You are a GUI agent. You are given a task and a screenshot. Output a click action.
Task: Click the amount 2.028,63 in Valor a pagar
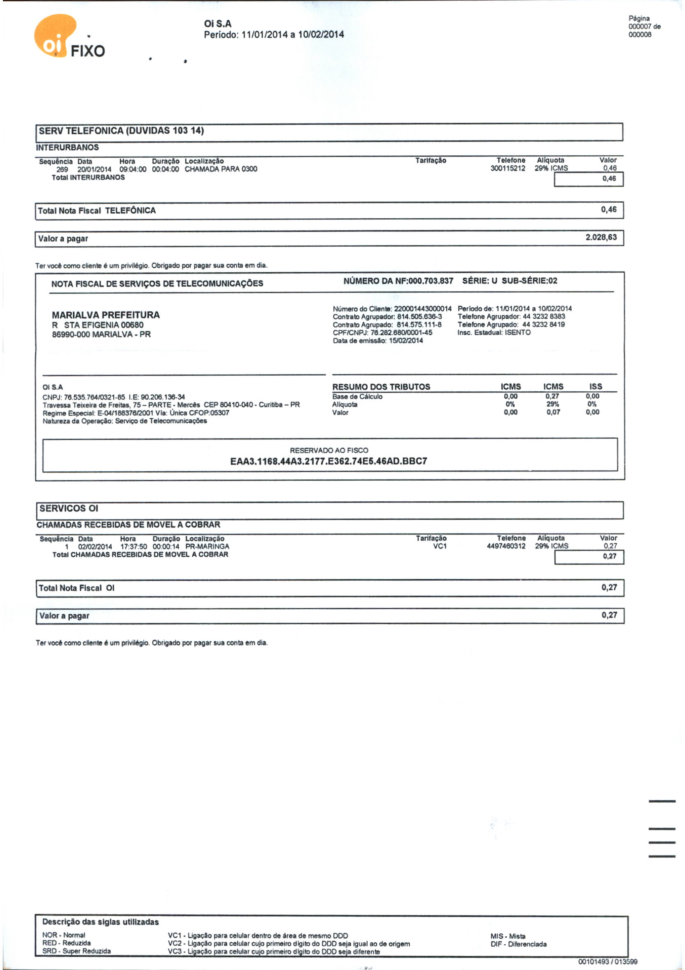[601, 237]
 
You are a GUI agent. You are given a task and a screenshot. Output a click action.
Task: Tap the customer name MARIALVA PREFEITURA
[105, 315]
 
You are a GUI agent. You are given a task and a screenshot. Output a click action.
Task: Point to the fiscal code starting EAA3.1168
[329, 461]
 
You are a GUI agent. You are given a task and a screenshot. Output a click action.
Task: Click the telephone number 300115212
[508, 168]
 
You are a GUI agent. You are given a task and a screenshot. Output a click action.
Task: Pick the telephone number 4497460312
[506, 546]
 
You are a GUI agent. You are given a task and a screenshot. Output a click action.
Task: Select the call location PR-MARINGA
[207, 546]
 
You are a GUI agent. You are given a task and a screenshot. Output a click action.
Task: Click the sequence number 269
[62, 169]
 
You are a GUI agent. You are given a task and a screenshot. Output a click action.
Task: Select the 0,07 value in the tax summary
[553, 412]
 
